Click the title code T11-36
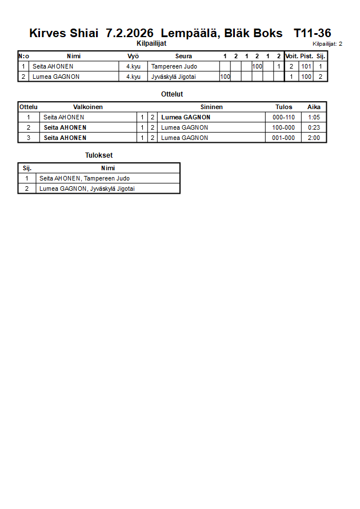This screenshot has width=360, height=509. [x=312, y=33]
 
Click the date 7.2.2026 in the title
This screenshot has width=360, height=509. [x=130, y=33]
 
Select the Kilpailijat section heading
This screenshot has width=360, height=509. [x=151, y=43]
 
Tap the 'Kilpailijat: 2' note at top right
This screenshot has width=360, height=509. [x=327, y=43]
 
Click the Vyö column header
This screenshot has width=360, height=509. [x=133, y=56]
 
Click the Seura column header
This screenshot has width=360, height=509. [x=183, y=56]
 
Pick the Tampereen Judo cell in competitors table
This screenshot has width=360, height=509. [x=174, y=66]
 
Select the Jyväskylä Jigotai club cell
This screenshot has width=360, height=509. [x=177, y=77]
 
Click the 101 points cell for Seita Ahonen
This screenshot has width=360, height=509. [x=307, y=66]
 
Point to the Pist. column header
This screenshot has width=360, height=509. [x=307, y=56]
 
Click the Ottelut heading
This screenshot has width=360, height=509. [x=172, y=94]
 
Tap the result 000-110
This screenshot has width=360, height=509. [x=283, y=117]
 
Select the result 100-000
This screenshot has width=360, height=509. [x=283, y=127]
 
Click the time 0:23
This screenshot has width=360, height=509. [x=314, y=127]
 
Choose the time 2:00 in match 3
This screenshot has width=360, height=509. [x=314, y=138]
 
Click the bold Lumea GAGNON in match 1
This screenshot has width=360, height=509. [x=186, y=117]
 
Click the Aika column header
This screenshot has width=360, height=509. [x=314, y=107]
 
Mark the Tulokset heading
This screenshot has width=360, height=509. [x=99, y=155]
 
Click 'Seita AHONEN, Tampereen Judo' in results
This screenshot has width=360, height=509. [x=85, y=178]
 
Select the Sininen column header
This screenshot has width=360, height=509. [x=211, y=107]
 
